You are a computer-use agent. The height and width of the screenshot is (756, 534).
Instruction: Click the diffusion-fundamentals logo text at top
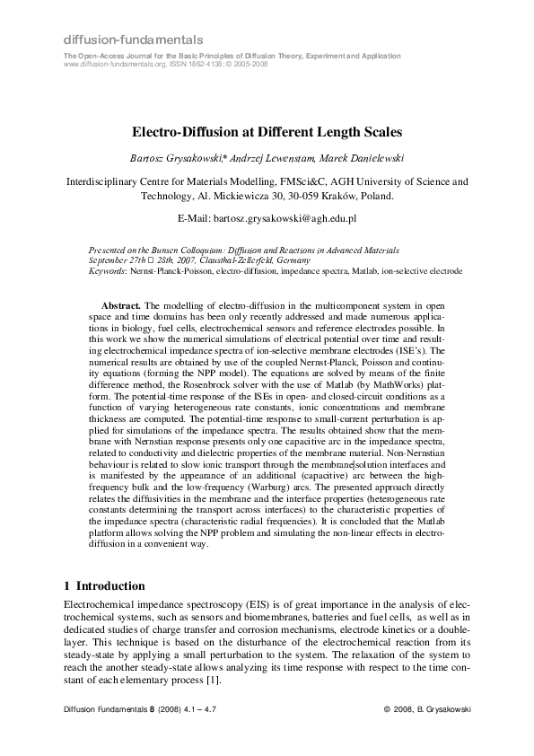[133, 40]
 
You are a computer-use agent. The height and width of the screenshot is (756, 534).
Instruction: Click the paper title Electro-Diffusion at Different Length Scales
[267, 130]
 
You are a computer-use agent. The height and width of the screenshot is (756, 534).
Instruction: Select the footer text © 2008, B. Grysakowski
[426, 709]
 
